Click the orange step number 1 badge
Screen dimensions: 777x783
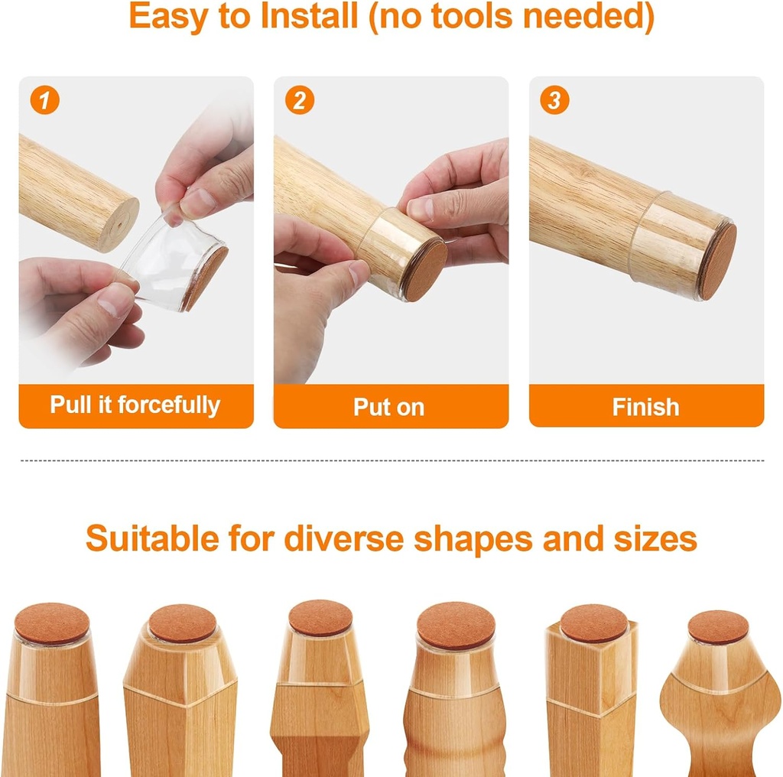pyautogui.click(x=45, y=101)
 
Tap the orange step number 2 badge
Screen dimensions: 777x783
pyautogui.click(x=300, y=101)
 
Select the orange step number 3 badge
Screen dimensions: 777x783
pyautogui.click(x=554, y=101)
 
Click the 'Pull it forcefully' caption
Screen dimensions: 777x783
pyautogui.click(x=135, y=405)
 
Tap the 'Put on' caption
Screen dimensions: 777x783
pyautogui.click(x=389, y=407)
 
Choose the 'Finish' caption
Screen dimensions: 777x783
pyautogui.click(x=645, y=407)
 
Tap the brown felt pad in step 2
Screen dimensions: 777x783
pyautogui.click(x=425, y=269)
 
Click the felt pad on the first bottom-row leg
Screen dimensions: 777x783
pyautogui.click(x=52, y=623)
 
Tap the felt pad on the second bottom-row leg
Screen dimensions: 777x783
pyautogui.click(x=182, y=623)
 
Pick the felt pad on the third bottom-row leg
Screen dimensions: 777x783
pyautogui.click(x=320, y=618)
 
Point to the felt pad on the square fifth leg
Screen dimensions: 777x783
pyautogui.click(x=593, y=623)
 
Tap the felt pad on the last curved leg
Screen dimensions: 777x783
pyautogui.click(x=718, y=627)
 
